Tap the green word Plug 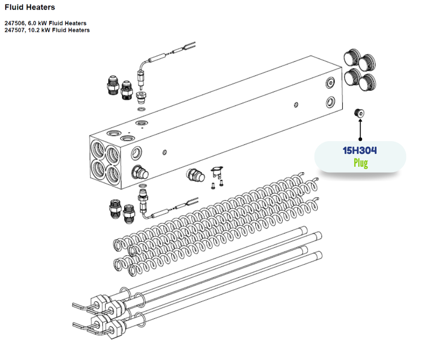[360, 163]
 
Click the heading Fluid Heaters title [30, 7]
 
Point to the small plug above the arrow [360, 113]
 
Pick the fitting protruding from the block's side [139, 172]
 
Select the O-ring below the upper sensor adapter [142, 110]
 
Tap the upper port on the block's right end [330, 82]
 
